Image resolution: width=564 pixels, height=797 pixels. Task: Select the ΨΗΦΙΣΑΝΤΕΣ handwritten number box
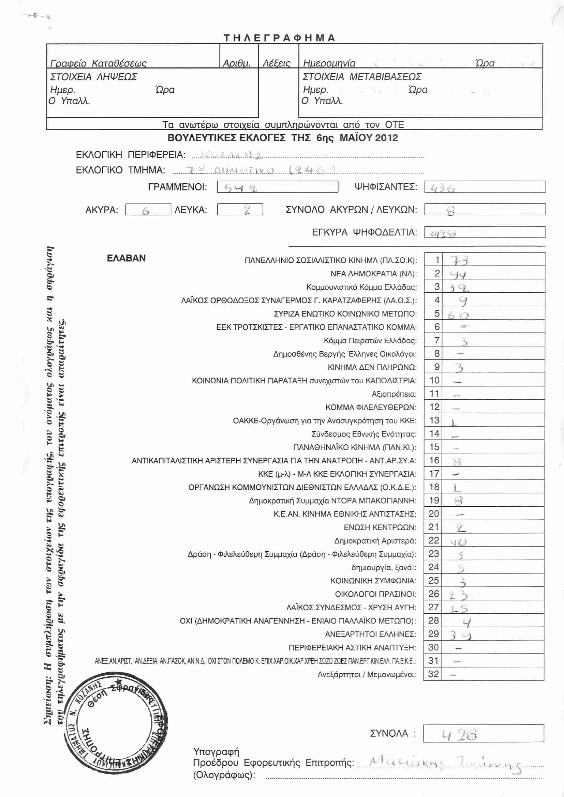point(485,187)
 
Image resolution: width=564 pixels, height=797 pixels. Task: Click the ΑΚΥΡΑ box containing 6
point(148,210)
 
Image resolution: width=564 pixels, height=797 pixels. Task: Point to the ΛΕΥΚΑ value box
point(240,210)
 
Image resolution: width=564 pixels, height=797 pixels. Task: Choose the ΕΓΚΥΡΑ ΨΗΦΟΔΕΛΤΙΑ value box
point(485,233)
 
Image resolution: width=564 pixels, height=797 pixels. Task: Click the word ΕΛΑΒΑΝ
point(126,258)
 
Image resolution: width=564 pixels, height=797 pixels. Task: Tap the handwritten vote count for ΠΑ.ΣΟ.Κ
point(459,260)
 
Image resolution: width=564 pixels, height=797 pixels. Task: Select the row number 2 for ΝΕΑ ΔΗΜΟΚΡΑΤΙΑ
point(437,274)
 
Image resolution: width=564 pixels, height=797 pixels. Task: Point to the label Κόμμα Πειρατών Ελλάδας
point(370,341)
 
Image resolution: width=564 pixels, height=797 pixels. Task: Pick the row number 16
point(434,460)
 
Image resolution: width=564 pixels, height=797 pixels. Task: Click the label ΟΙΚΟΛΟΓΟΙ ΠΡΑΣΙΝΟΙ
point(375,594)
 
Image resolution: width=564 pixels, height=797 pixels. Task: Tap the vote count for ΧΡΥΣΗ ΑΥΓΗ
point(459,609)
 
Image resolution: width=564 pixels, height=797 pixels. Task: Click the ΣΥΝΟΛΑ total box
point(483,734)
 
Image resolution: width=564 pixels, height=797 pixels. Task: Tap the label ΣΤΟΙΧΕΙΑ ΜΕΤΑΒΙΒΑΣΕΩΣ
point(361,77)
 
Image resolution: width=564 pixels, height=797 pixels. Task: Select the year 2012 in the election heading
point(386,138)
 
